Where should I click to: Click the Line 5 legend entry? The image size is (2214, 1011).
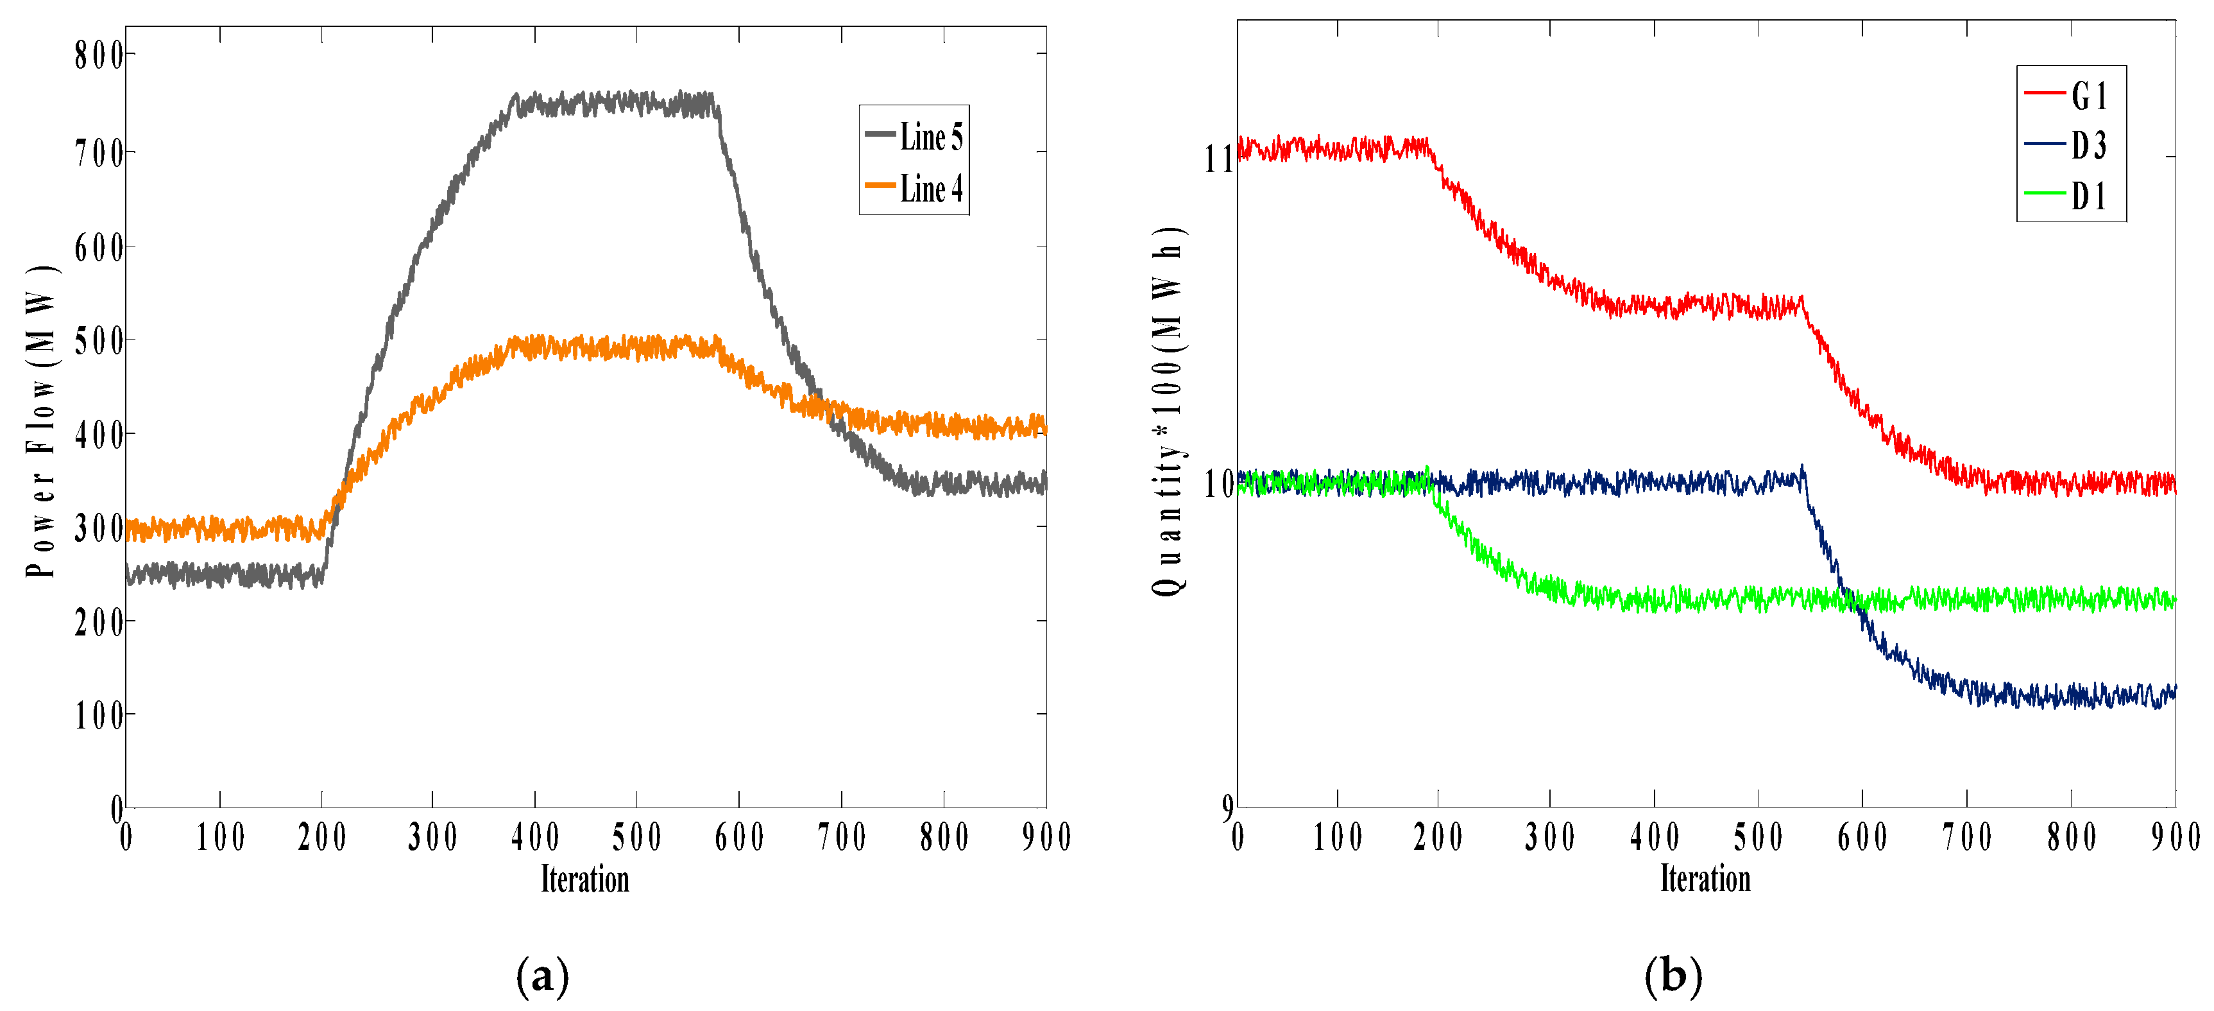coord(914,136)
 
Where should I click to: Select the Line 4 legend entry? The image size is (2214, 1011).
coord(914,188)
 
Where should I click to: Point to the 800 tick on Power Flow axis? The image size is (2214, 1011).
coord(99,56)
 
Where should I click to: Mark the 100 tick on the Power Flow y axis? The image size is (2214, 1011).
coord(99,715)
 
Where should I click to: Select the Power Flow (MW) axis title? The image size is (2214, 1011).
coord(41,421)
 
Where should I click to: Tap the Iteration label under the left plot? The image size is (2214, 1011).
coord(584,879)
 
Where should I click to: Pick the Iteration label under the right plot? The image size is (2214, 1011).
coord(1705,879)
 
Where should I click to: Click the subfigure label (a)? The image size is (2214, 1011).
coord(542,976)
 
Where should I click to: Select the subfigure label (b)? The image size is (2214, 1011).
coord(1673,976)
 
